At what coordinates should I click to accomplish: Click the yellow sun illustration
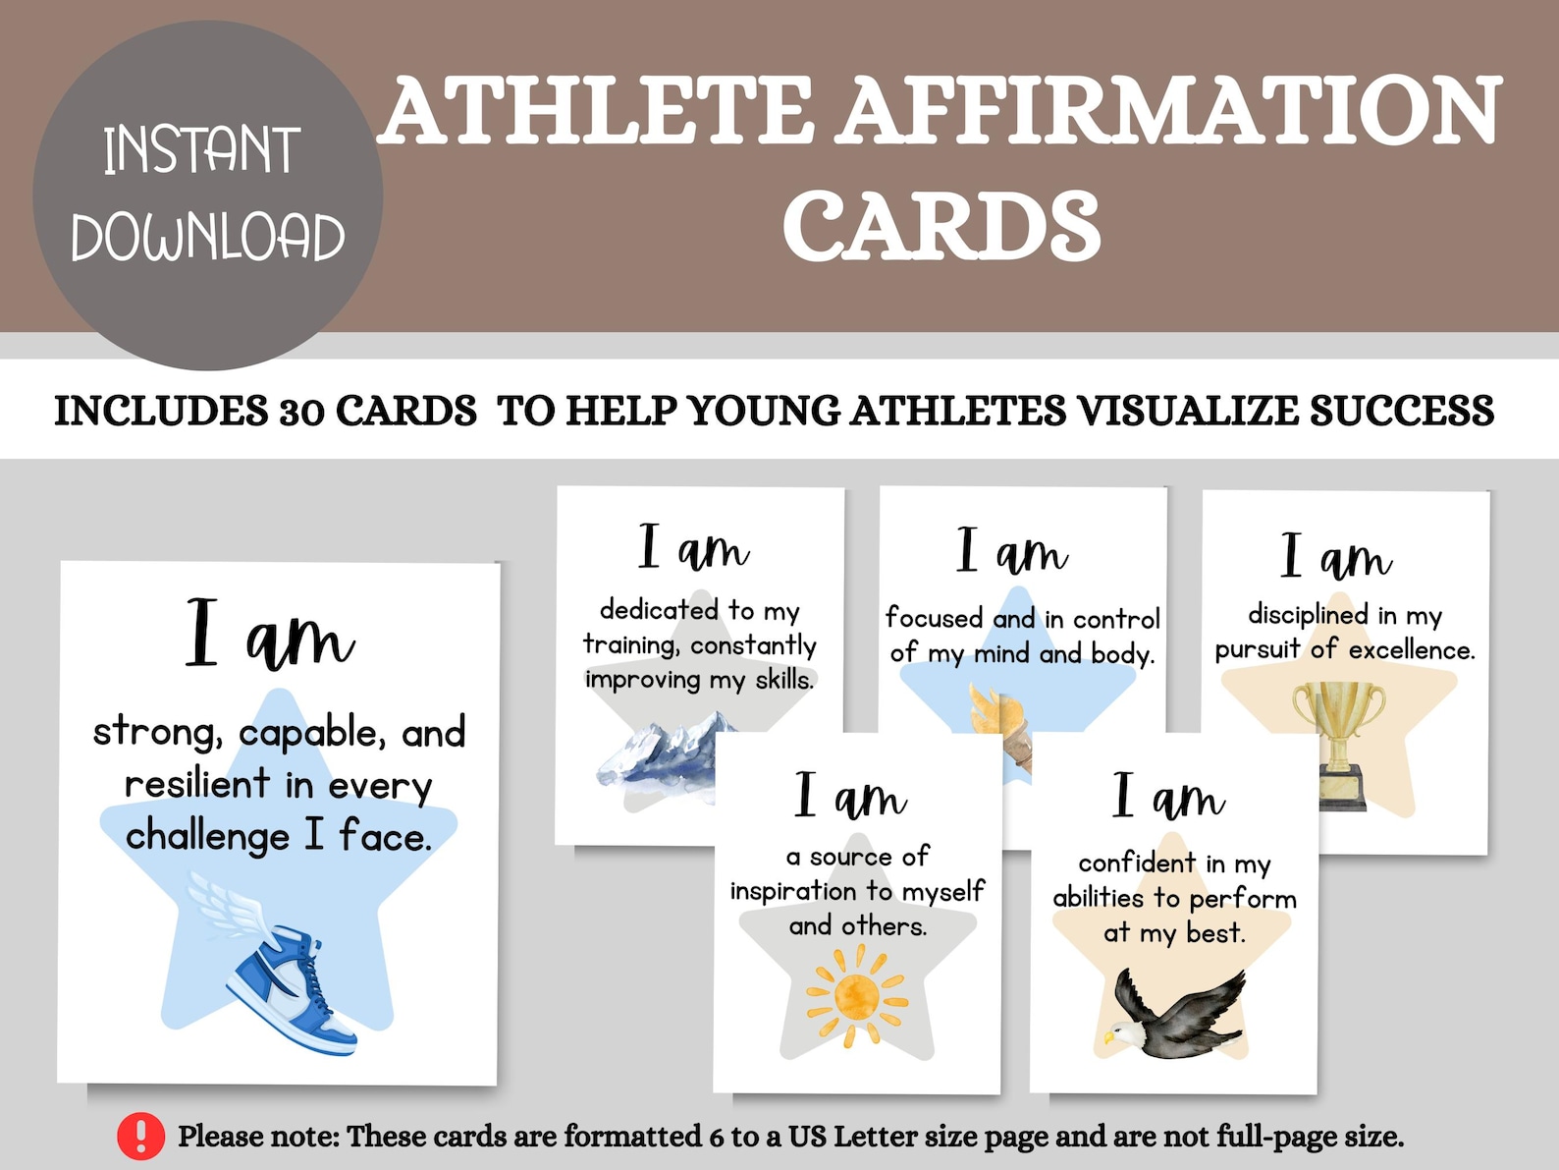(856, 995)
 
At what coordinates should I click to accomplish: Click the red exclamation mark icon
(141, 1137)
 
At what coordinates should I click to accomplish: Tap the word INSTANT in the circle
(201, 150)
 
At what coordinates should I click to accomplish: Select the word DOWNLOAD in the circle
(207, 237)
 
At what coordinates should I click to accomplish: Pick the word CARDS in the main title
(941, 227)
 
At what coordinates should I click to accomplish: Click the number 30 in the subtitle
(302, 412)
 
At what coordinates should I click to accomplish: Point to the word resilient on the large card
(196, 784)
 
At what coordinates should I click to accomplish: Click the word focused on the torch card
(934, 618)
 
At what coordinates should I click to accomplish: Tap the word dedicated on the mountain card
(660, 610)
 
